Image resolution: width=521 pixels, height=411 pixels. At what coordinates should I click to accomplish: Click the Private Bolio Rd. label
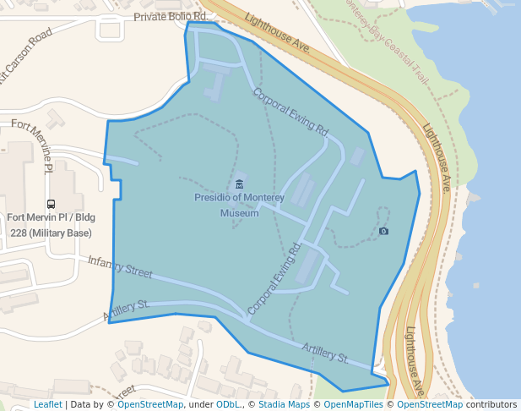coord(171,16)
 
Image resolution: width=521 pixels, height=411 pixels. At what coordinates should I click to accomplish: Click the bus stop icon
coord(52,204)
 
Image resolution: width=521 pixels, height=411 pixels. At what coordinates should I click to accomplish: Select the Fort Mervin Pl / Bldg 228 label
coord(51,217)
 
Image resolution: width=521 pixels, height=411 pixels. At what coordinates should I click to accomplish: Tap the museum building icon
coord(239,184)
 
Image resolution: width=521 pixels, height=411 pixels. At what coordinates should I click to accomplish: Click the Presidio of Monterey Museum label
coord(239,205)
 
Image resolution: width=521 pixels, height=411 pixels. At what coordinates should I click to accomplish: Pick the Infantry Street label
coord(120,267)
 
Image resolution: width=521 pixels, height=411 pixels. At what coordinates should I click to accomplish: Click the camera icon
coord(384,231)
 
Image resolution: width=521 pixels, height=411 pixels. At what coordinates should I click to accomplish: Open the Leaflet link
coord(47,404)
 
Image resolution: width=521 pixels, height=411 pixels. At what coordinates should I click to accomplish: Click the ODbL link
coord(228,404)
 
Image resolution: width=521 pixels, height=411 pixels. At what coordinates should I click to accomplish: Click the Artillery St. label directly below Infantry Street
coord(127,310)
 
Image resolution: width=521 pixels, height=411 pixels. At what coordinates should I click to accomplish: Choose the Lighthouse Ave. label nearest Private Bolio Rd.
coord(279,33)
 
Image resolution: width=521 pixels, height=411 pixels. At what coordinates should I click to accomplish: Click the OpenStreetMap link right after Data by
coord(149,404)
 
